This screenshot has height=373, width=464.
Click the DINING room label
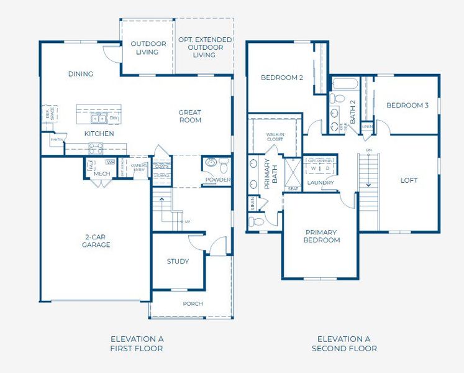(81, 74)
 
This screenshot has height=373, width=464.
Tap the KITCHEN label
(99, 134)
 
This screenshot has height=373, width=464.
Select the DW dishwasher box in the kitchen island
(114, 117)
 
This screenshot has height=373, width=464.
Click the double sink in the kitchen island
(98, 117)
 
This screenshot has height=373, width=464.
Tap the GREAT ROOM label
(189, 116)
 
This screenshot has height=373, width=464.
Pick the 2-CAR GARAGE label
(96, 241)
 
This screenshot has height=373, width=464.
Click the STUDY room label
(178, 261)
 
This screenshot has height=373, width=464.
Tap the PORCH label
(192, 303)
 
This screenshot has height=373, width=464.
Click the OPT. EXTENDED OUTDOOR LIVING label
(205, 47)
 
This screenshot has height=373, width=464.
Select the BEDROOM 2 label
(281, 78)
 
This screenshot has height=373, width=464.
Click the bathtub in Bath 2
(343, 84)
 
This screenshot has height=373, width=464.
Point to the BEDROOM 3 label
(407, 105)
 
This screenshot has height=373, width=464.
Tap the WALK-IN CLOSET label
(275, 136)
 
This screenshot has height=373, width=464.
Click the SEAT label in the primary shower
(292, 188)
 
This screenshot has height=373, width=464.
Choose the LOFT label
(409, 180)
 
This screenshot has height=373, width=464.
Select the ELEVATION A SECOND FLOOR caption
(343, 343)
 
